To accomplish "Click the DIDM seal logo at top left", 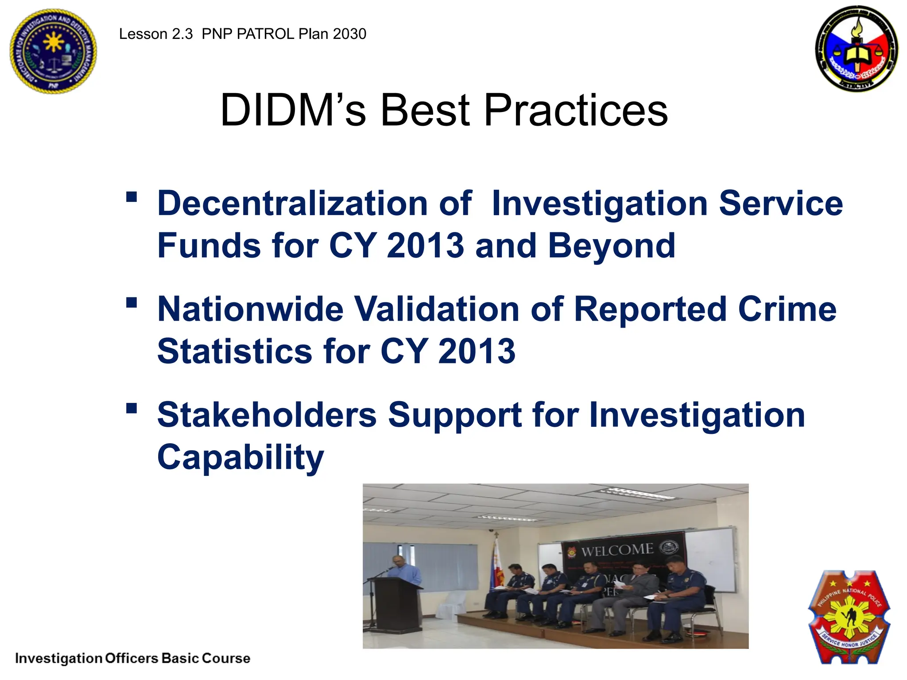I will click(x=53, y=51).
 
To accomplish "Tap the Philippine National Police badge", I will click(x=849, y=618).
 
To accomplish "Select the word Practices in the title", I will click(x=575, y=110).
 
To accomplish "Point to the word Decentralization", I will click(x=292, y=203).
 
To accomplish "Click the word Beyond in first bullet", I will click(x=612, y=246).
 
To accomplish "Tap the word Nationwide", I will click(x=250, y=309).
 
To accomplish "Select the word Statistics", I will click(x=235, y=351).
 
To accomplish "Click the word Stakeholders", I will click(x=267, y=415).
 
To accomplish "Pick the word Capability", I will click(x=240, y=457).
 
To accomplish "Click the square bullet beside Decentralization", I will click(x=132, y=197).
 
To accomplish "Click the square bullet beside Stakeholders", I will click(x=132, y=408).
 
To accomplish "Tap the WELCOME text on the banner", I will click(x=617, y=550).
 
